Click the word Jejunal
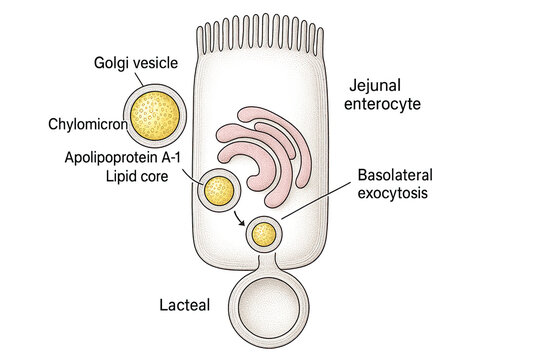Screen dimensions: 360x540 coord(376,85)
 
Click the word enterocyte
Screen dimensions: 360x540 coord(388,103)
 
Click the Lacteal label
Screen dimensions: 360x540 coord(184,305)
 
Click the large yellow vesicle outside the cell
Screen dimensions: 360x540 coord(152,117)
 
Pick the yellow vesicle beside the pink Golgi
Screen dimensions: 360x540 coord(219,189)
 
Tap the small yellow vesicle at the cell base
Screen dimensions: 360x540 coord(264,234)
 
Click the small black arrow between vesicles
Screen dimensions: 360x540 coord(241,217)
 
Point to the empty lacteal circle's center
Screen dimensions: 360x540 coord(263,305)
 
